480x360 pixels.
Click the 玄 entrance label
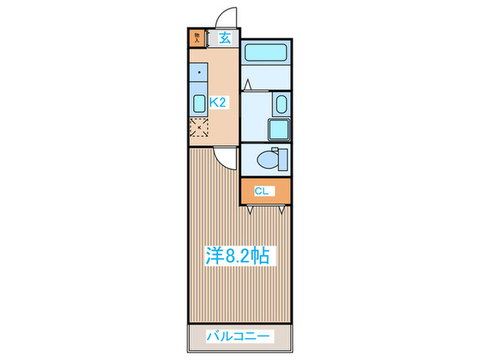[x=224, y=38]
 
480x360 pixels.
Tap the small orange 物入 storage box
[x=197, y=38]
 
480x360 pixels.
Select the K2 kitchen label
[x=218, y=102]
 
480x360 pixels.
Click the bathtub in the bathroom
[x=266, y=51]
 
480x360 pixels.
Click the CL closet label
[x=261, y=191]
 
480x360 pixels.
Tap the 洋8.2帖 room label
[x=237, y=256]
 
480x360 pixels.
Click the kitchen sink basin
[x=199, y=104]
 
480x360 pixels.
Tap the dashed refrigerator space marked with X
[x=198, y=126]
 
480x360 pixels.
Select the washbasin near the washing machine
[x=281, y=104]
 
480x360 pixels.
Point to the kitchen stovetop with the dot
[x=198, y=72]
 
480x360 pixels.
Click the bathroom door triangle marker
[x=248, y=85]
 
